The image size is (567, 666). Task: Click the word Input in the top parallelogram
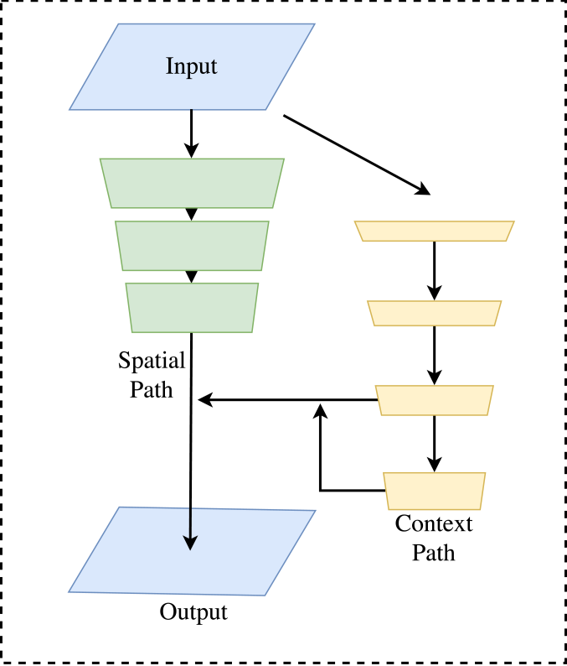(x=192, y=66)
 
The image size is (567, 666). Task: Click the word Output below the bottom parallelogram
(x=193, y=611)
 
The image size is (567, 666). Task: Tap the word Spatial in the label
(x=152, y=362)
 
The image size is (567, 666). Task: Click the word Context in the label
(x=434, y=524)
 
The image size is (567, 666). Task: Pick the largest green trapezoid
(x=192, y=183)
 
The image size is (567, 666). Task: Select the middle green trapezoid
(x=192, y=245)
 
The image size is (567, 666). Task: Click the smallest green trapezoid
(x=192, y=308)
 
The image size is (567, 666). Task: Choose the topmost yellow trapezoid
(x=434, y=231)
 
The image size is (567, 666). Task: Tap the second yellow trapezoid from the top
(x=434, y=313)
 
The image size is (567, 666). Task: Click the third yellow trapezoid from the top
(x=434, y=400)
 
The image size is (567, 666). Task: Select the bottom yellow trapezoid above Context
(x=434, y=492)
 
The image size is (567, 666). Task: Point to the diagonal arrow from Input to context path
(x=356, y=153)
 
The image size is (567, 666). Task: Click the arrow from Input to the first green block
(x=192, y=134)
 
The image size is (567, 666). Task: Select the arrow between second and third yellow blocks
(x=434, y=354)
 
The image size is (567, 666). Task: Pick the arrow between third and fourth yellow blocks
(x=434, y=443)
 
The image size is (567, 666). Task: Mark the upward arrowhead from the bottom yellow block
(x=320, y=410)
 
